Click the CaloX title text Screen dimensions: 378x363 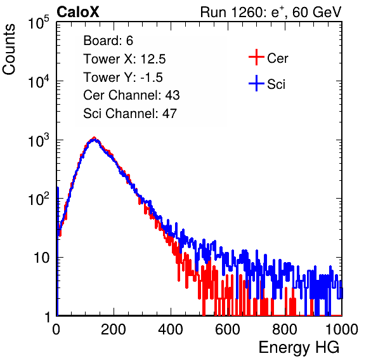pos(78,12)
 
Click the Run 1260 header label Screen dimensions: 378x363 pos(271,12)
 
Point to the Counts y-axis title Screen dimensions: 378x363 pos(9,49)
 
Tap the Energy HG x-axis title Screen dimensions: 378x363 pos(299,347)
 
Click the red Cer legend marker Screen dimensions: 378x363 pos(256,57)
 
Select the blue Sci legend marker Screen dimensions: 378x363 pos(256,83)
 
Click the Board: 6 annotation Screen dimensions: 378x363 pos(108,41)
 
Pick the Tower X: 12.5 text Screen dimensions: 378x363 pos(124,59)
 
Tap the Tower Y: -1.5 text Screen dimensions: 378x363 pos(123,77)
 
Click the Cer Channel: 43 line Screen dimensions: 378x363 pos(131,95)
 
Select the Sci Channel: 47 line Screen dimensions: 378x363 pos(130,114)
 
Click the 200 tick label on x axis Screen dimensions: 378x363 pos(114,329)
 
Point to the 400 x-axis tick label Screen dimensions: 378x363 pos(171,329)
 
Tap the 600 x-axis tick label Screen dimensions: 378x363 pos(228,329)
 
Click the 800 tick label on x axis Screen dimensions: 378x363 pos(285,329)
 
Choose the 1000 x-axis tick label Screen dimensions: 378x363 pos(342,329)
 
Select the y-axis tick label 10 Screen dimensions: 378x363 pos(41,258)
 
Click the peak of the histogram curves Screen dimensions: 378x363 pos(94,138)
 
